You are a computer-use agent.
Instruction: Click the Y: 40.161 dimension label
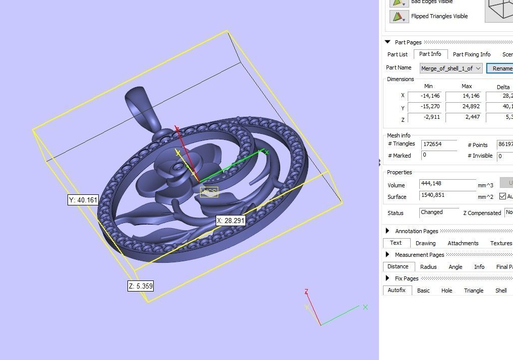(x=83, y=200)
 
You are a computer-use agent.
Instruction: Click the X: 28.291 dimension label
(x=231, y=221)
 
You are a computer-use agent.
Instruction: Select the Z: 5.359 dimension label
(x=140, y=286)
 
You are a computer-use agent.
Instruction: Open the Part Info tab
(x=430, y=54)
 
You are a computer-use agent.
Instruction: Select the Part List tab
(x=397, y=54)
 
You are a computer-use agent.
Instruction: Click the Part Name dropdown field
(x=451, y=68)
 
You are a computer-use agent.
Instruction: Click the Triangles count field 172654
(x=439, y=145)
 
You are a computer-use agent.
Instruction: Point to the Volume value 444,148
(x=447, y=185)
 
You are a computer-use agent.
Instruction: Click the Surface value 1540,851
(x=447, y=196)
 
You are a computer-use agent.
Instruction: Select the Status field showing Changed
(x=439, y=212)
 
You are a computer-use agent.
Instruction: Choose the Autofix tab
(x=398, y=291)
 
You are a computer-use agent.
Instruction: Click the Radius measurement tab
(x=428, y=267)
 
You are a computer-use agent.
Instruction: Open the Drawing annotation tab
(x=425, y=243)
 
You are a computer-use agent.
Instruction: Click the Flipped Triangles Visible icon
(x=398, y=17)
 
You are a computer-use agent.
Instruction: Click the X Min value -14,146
(x=424, y=96)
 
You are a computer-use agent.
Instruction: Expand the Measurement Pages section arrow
(x=388, y=255)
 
